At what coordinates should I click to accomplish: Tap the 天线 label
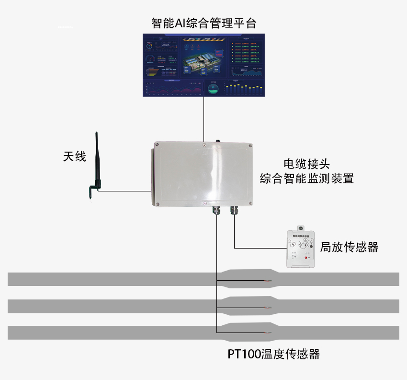tap(75, 156)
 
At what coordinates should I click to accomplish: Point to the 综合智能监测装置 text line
tap(307, 179)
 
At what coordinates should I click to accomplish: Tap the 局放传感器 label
tap(349, 247)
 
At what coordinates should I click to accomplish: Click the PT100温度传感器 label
tap(273, 355)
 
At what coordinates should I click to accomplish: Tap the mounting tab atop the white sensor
tap(301, 227)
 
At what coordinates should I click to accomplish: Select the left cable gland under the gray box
tap(216, 210)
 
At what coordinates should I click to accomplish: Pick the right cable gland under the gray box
tap(234, 210)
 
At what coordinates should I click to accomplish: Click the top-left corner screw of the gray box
tap(157, 144)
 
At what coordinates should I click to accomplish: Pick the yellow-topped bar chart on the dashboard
tap(244, 89)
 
